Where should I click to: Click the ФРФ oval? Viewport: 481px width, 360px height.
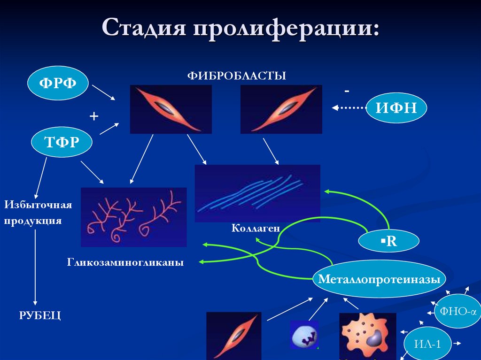pyautogui.click(x=58, y=83)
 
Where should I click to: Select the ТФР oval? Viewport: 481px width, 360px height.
pyautogui.click(x=61, y=142)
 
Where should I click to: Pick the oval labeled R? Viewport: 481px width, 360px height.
pyautogui.click(x=388, y=242)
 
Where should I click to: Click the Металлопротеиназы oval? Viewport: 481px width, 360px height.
pyautogui.click(x=379, y=279)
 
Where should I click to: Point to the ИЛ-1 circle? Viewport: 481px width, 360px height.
pyautogui.click(x=428, y=344)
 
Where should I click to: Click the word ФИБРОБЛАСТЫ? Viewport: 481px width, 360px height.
pyautogui.click(x=237, y=76)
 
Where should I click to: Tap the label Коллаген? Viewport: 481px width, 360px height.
pyautogui.click(x=256, y=228)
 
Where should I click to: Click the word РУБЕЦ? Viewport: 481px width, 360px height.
pyautogui.click(x=40, y=315)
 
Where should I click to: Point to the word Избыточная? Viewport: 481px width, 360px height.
pyautogui.click(x=38, y=205)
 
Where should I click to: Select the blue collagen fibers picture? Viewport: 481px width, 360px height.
pyautogui.click(x=257, y=193)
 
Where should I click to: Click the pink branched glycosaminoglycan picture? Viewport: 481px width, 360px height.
pyautogui.click(x=134, y=217)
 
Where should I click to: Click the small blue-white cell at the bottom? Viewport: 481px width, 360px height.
pyautogui.click(x=304, y=335)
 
